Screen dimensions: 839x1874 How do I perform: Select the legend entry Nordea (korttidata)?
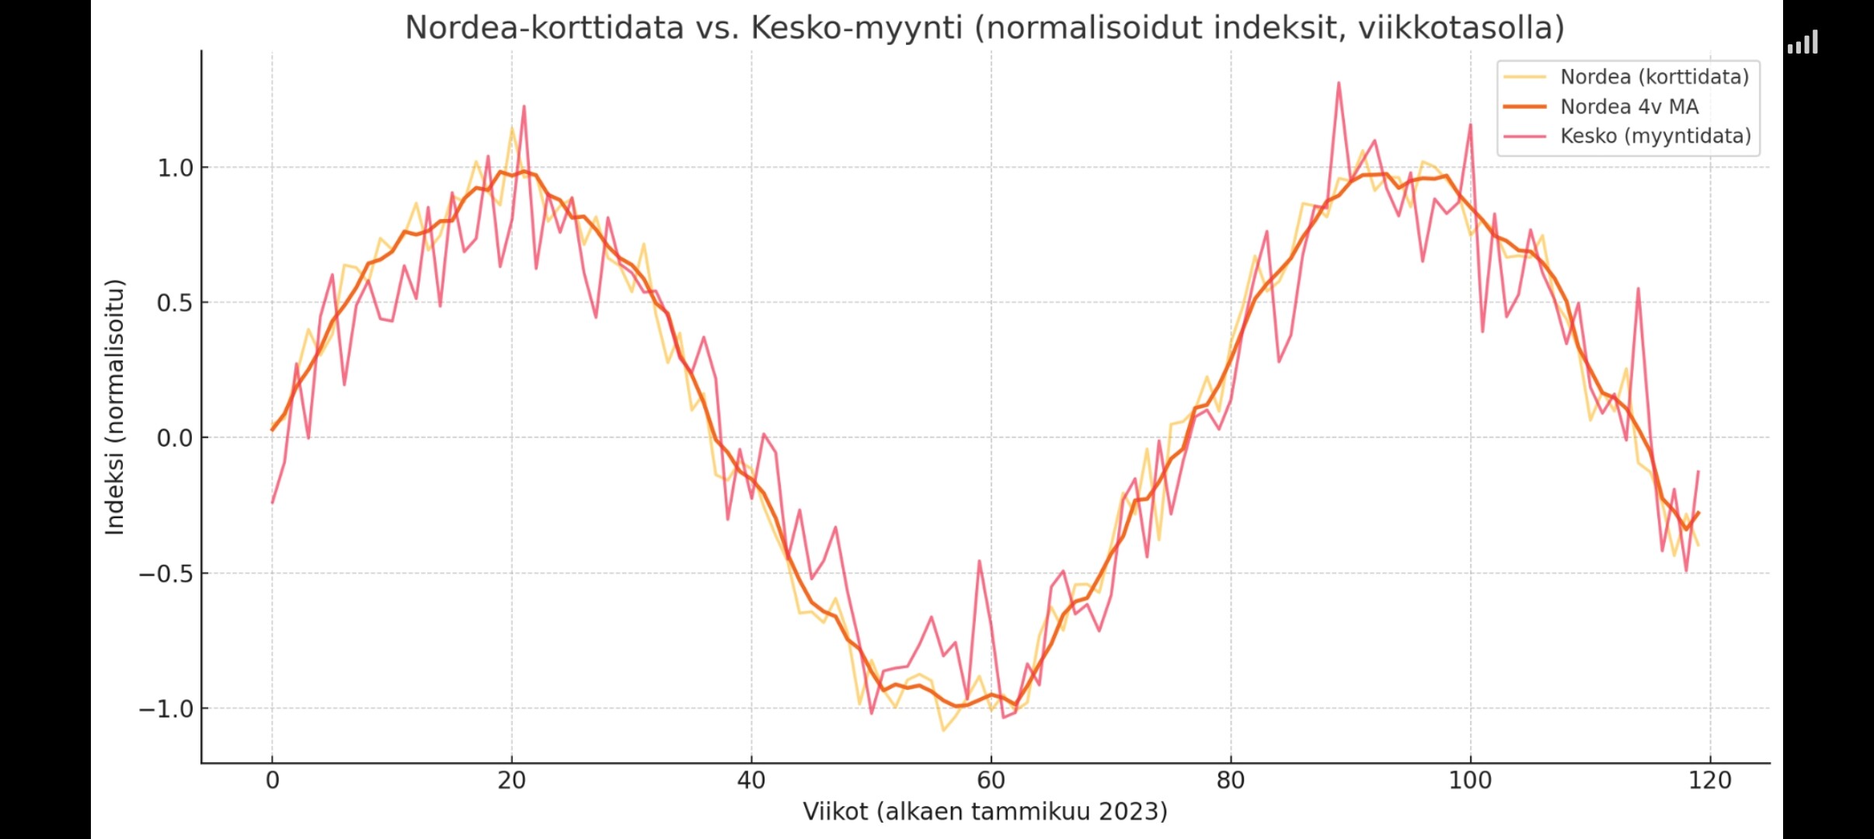click(x=1654, y=77)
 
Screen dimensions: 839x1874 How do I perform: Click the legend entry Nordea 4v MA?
click(x=1628, y=106)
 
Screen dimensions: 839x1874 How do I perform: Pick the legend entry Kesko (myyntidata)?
click(x=1655, y=136)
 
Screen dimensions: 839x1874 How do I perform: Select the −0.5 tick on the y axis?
click(x=165, y=574)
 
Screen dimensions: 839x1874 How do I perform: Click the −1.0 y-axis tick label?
click(x=165, y=709)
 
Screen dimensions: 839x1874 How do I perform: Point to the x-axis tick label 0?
click(x=272, y=780)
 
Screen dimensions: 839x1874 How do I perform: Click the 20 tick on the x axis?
click(x=511, y=780)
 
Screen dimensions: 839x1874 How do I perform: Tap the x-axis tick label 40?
click(x=751, y=780)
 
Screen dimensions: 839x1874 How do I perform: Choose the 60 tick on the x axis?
click(x=991, y=780)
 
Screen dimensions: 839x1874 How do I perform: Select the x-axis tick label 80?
click(x=1231, y=780)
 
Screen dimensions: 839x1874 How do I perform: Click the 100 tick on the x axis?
click(x=1470, y=780)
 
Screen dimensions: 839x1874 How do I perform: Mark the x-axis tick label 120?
click(x=1710, y=780)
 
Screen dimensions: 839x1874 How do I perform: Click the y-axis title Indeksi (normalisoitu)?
click(x=115, y=407)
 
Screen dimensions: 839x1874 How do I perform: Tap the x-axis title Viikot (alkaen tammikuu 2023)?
click(x=984, y=812)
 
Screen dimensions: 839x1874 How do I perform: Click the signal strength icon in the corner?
click(x=1803, y=43)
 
